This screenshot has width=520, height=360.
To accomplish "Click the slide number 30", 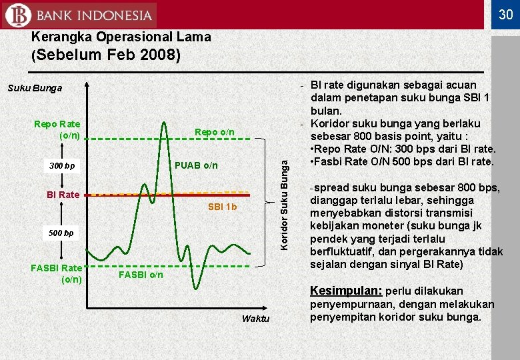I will point(505,14).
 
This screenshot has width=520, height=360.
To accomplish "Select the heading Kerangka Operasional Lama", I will point(121,37).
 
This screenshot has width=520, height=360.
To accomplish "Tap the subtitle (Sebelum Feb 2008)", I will point(106,55).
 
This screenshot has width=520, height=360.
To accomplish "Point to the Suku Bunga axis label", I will point(35,88).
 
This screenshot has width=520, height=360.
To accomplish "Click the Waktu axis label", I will point(255,319).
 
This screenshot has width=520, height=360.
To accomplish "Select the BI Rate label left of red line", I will point(63,195).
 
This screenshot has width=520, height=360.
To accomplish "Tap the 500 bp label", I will point(60,233).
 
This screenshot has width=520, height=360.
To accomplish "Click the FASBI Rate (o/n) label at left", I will point(57,273).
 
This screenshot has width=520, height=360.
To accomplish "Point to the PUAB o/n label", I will point(195,165).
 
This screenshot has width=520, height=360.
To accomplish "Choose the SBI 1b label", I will point(222,207).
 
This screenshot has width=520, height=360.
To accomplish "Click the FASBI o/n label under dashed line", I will point(140,274).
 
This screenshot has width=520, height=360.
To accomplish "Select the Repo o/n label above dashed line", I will point(214,132).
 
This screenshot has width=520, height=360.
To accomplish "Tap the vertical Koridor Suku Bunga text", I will point(285,200).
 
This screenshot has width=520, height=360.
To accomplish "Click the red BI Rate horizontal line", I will point(167,195).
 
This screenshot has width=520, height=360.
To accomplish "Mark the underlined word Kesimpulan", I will point(345,291).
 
